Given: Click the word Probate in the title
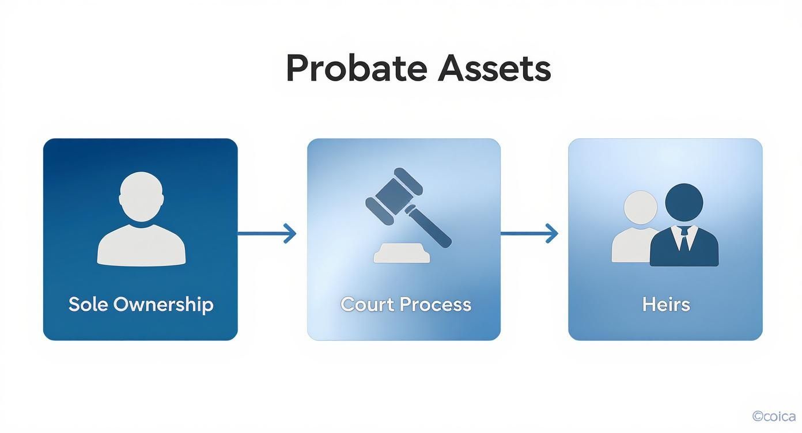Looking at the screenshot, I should [x=356, y=69].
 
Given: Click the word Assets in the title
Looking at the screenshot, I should [x=494, y=69].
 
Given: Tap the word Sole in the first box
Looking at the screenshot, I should [x=88, y=304].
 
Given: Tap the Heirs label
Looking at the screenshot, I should [x=666, y=304].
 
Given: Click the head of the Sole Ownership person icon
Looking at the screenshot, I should [x=141, y=196].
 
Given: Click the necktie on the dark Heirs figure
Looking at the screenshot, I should [x=684, y=238].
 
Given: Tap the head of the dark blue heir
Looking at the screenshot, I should [x=684, y=202].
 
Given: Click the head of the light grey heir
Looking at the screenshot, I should [x=640, y=208].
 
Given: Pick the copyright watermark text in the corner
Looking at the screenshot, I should [x=774, y=416].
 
